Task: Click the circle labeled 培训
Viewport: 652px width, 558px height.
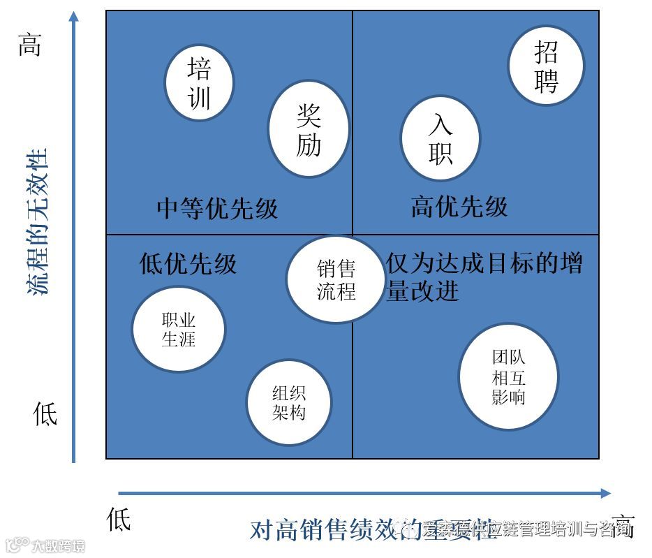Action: (x=199, y=82)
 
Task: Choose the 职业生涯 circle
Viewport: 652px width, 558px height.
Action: (x=179, y=330)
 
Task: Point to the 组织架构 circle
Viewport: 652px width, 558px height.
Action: (x=289, y=403)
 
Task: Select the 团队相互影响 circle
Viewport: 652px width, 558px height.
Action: (x=509, y=377)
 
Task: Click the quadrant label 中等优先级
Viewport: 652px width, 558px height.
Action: (x=217, y=208)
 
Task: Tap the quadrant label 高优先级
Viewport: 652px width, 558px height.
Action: (x=459, y=207)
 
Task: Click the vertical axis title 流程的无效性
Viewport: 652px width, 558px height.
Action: (x=38, y=221)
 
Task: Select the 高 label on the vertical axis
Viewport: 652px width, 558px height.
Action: (x=29, y=47)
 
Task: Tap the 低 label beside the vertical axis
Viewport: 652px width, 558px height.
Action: (x=45, y=414)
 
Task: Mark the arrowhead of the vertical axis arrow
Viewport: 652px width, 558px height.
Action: (x=74, y=15)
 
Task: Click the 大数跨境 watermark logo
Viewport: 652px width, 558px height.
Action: (x=45, y=545)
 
